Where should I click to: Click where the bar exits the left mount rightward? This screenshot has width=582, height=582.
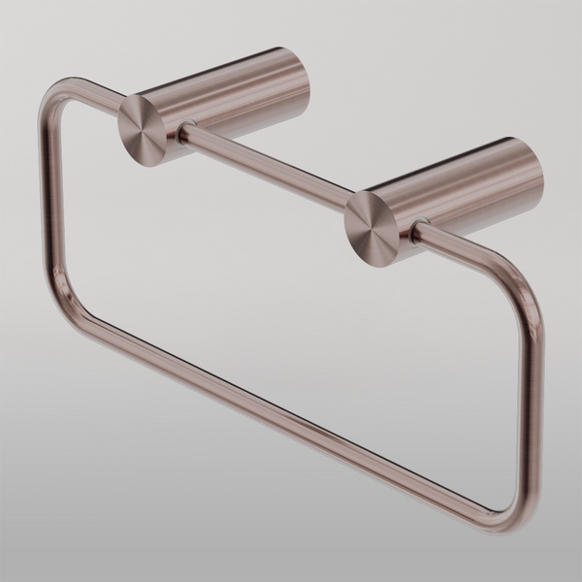[185, 129]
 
